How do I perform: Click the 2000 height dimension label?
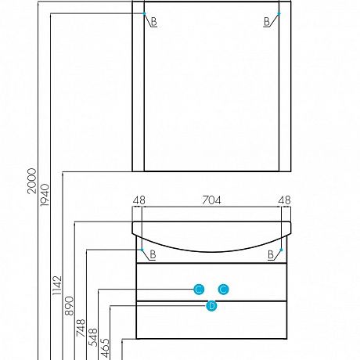tap(31, 181)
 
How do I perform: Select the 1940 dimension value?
tap(45, 195)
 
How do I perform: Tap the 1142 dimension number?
tap(57, 286)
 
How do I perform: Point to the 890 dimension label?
tap(70, 306)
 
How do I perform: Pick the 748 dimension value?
tap(81, 328)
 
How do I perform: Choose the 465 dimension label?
tap(105, 347)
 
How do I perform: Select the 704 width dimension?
tap(211, 200)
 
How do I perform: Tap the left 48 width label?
tap(139, 200)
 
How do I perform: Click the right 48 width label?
tap(284, 200)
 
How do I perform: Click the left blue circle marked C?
tap(199, 290)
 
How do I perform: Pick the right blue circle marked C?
tap(224, 290)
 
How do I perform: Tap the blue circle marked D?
tap(211, 306)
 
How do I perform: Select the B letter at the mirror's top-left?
tap(154, 22)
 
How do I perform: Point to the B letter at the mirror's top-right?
tap(267, 22)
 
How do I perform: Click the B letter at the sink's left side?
tap(153, 254)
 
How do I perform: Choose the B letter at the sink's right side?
tap(271, 254)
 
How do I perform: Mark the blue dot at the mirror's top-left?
tap(144, 13)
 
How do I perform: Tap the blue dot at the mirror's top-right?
tap(279, 13)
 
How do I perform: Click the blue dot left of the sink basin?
tap(142, 250)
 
